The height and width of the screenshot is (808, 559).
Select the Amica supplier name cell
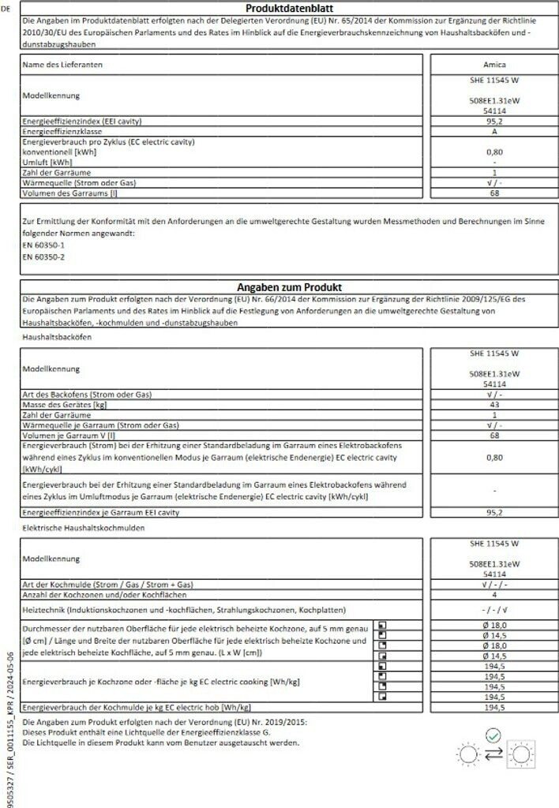click(493, 64)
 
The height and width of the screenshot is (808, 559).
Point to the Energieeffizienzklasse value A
click(493, 132)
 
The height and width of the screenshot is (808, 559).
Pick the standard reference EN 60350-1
click(43, 245)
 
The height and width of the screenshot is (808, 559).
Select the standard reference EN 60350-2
click(43, 257)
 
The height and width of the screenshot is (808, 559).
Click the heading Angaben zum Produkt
click(283, 287)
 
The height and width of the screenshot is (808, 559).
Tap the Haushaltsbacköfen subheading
click(57, 337)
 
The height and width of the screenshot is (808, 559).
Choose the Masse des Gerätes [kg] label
click(65, 404)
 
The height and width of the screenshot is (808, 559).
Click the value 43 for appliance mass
click(493, 404)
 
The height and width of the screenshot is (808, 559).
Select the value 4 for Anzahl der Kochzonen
click(493, 594)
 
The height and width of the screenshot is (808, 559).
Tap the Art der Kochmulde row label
click(108, 584)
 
